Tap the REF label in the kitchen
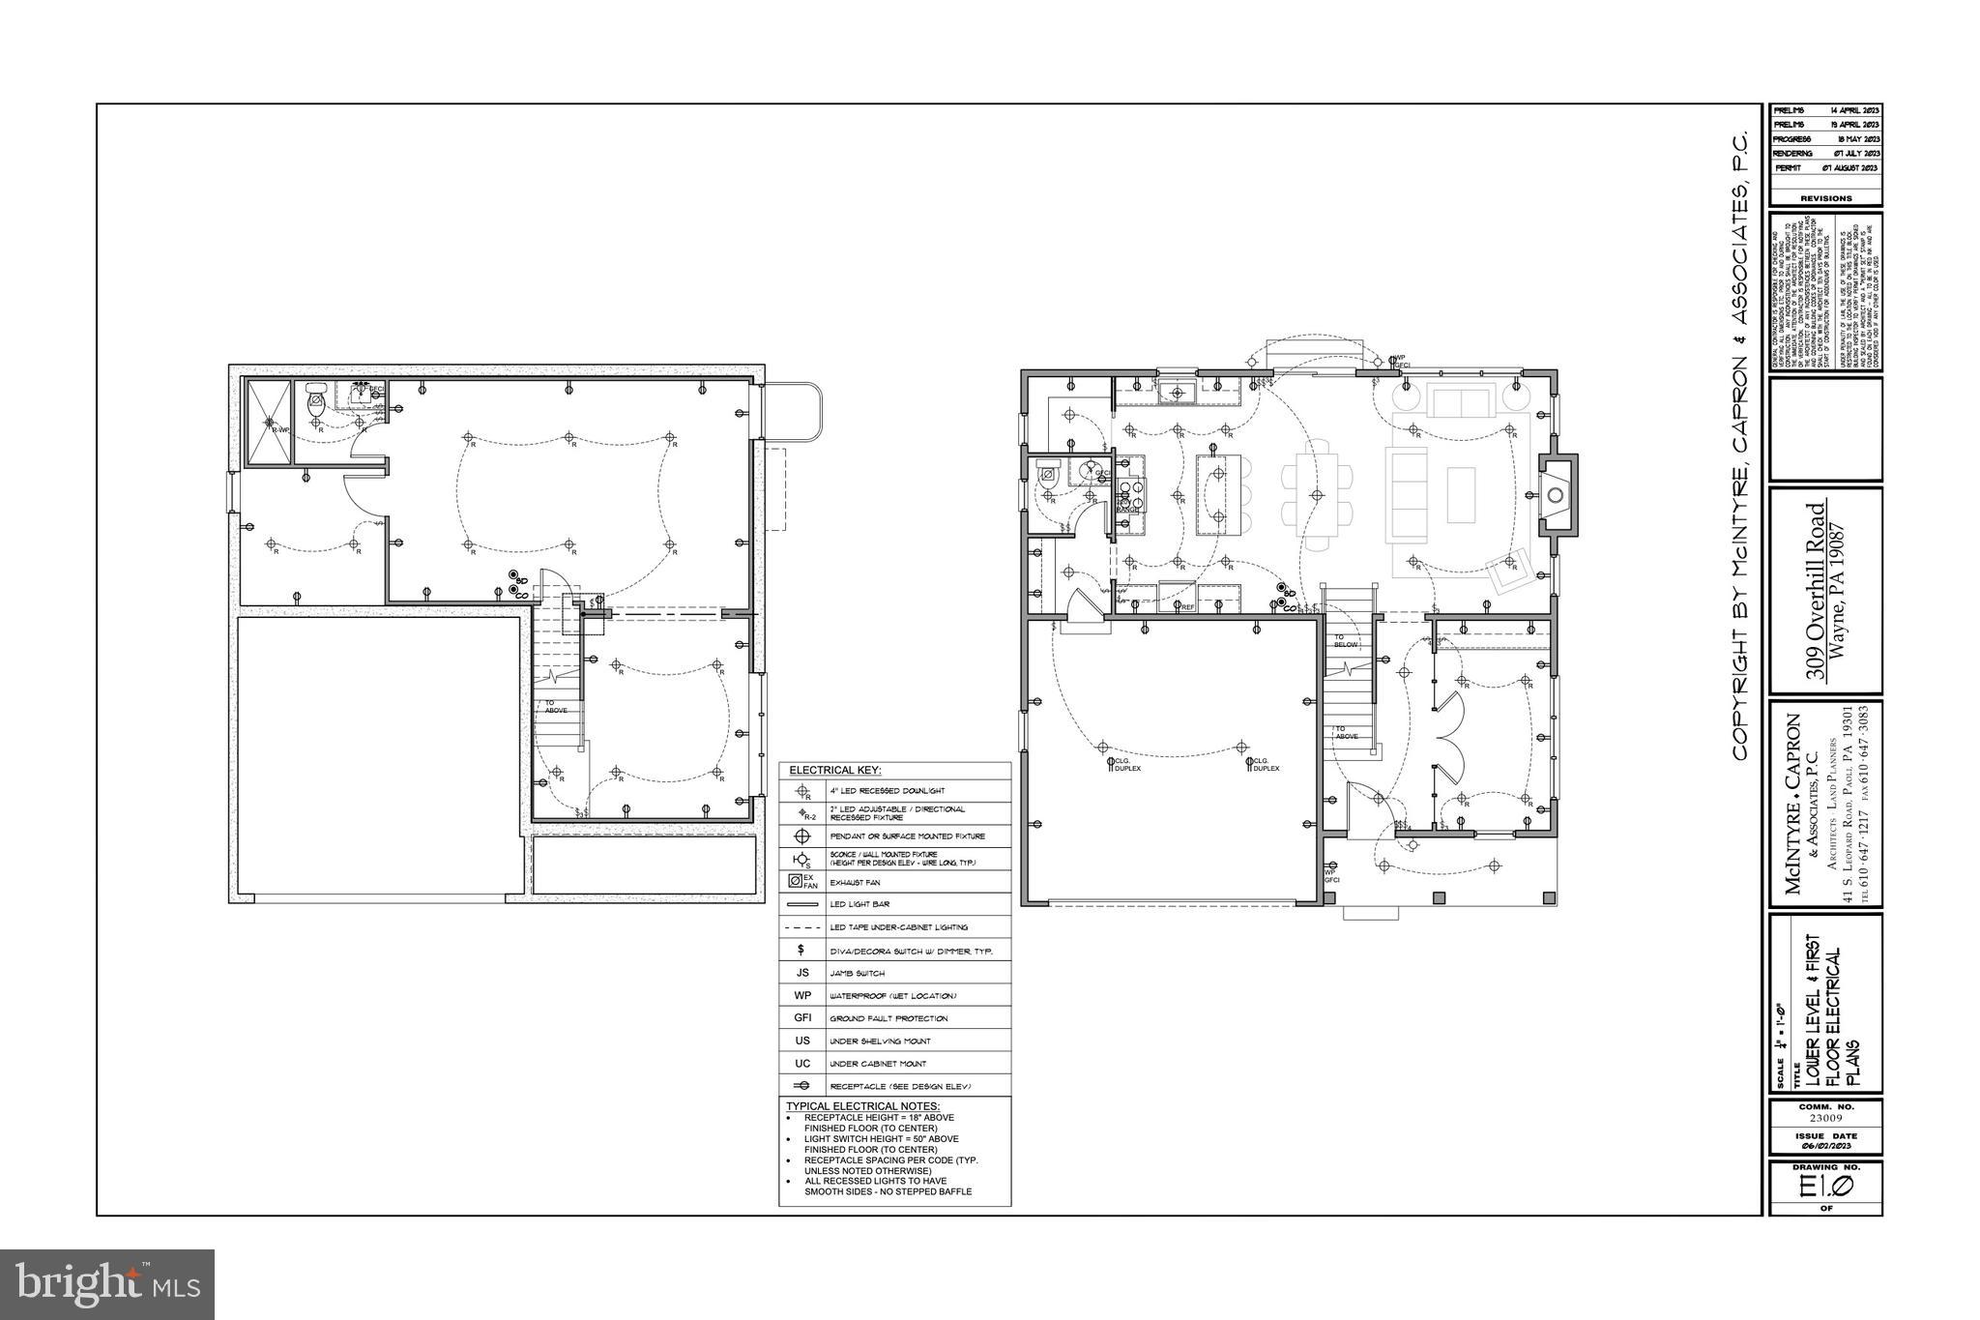click(x=1187, y=607)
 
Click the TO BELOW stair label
click(x=1346, y=640)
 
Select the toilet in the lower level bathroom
click(x=315, y=402)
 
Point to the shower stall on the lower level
click(x=268, y=424)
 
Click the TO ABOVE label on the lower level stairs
click(x=556, y=707)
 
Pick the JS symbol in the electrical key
click(x=801, y=973)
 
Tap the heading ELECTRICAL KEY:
click(x=835, y=770)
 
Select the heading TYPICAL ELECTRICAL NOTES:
click(x=862, y=1106)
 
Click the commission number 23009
click(x=1825, y=1118)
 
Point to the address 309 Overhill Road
click(x=1818, y=592)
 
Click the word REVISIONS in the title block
click(x=1826, y=198)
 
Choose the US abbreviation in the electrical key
click(x=801, y=1041)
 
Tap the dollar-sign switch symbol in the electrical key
click(x=801, y=950)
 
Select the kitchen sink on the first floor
click(x=1178, y=393)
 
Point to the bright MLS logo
click(x=106, y=1284)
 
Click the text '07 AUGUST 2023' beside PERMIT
click(x=1850, y=168)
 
